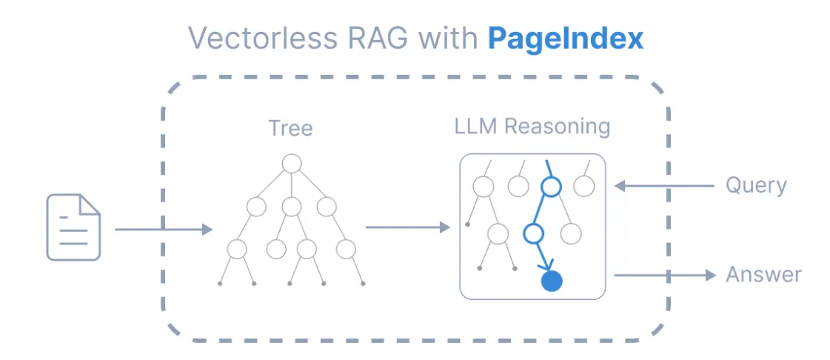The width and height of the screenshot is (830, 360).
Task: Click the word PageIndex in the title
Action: coord(565,39)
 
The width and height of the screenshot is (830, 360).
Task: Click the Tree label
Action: coord(290,128)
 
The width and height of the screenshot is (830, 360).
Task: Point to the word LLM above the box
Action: coord(476,126)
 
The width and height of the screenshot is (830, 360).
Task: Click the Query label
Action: coord(755,185)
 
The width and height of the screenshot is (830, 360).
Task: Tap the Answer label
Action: coord(763,275)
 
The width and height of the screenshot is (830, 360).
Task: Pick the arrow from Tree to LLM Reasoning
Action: coord(408,227)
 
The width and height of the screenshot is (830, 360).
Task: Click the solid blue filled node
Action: coord(552,281)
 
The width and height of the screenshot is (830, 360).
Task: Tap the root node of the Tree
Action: coord(292,163)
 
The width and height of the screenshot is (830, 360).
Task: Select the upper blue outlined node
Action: coord(550,187)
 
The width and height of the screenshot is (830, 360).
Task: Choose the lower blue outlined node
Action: coord(533,234)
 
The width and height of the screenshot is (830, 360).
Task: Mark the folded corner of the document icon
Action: coord(90,204)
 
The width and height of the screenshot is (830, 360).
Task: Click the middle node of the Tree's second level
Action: coord(292,206)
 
